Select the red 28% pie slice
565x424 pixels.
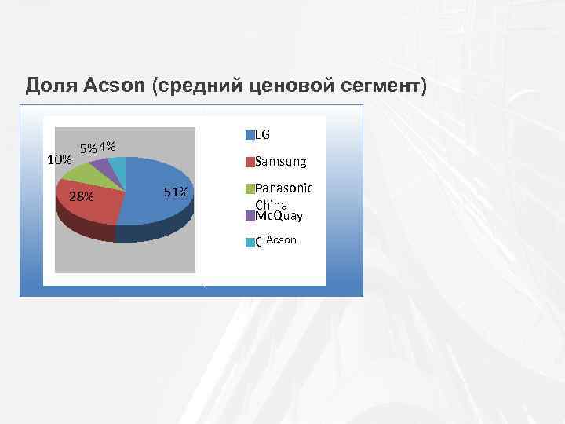90,204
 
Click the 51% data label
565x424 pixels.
176,192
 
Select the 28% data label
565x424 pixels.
81,196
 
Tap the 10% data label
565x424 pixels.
60,160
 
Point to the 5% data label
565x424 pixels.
89,148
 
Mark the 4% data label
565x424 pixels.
108,146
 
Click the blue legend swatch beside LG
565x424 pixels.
250,135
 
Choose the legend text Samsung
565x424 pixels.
281,162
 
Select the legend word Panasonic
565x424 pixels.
284,188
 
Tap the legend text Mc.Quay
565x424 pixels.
279,215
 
